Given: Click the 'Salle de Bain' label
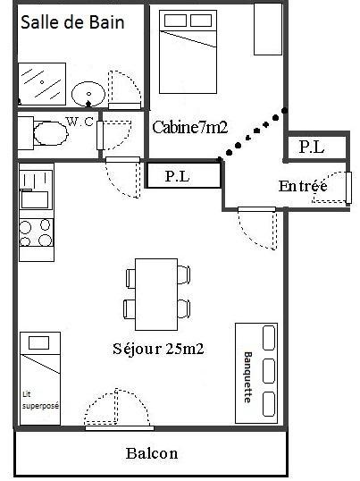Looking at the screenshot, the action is [x=72, y=22].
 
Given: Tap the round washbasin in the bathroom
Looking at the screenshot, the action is [x=88, y=94].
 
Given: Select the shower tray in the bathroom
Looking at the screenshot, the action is [x=42, y=84].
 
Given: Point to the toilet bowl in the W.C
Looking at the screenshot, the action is [x=51, y=133].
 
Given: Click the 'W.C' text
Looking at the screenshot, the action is [x=80, y=122].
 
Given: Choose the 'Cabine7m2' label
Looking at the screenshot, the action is [x=190, y=127].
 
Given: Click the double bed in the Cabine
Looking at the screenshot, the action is [x=188, y=52].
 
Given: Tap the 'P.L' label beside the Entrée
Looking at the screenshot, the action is [x=312, y=148].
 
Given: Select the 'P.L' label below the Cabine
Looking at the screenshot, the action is [x=178, y=176].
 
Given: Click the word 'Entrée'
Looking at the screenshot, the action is [x=303, y=186].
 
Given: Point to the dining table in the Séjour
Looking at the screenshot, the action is [x=156, y=294].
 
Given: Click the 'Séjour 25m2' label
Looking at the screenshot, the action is [x=158, y=349].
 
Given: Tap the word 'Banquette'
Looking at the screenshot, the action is [x=247, y=377].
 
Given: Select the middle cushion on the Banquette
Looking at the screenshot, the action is [x=269, y=371].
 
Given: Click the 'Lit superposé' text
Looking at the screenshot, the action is [x=40, y=400].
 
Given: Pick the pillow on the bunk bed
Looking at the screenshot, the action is [x=39, y=342].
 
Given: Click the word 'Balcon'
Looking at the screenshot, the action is [x=152, y=453].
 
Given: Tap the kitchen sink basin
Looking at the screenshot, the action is [x=34, y=199].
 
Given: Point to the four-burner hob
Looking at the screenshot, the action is [x=36, y=232].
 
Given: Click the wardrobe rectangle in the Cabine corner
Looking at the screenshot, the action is [x=268, y=30].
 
